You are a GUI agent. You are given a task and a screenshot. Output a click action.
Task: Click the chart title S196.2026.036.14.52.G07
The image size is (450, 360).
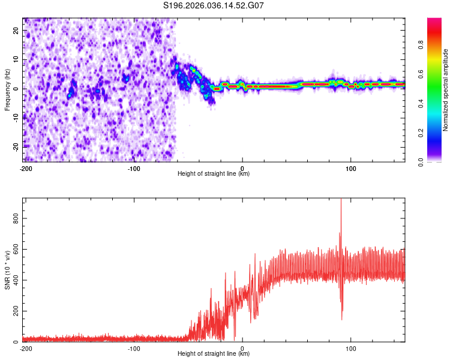pos(214,5)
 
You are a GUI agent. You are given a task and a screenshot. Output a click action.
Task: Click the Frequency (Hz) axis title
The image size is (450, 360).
pos(7,89)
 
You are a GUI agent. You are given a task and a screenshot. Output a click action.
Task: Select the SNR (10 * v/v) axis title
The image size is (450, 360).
pos(7,269)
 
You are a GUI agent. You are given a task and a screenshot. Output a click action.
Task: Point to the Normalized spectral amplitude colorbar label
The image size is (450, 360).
pos(446,90)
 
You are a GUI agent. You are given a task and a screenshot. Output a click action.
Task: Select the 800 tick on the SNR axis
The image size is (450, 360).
pos(15,220)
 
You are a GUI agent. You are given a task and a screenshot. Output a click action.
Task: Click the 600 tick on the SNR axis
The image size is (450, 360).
pos(15,250)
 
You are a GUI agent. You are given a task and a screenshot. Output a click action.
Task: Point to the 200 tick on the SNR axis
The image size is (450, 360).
pos(15,311)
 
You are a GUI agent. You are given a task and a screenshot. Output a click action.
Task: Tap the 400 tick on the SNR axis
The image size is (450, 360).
pos(15,281)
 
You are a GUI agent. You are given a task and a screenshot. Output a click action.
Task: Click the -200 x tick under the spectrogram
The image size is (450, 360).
pos(25,168)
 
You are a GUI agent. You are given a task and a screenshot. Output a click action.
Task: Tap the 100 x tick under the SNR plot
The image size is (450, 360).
pos(351,349)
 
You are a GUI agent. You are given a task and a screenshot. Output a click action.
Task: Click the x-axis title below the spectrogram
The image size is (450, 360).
pos(214,174)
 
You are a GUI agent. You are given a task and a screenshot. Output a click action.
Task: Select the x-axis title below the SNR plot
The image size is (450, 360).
pos(214,355)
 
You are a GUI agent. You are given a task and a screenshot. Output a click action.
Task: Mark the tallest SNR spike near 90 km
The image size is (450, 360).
pos(341,200)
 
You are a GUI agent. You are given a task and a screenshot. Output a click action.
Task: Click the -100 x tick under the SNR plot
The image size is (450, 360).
pos(133,349)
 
